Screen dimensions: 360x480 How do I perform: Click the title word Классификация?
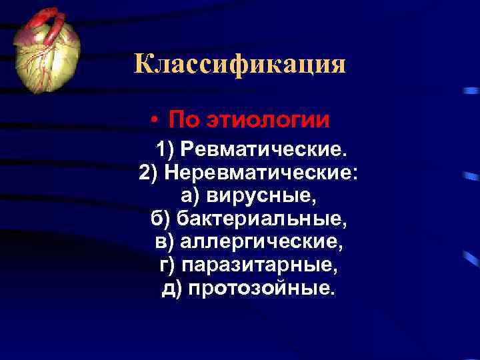(240, 65)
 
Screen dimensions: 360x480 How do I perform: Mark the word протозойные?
(263, 289)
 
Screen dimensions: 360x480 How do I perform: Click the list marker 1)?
(165, 147)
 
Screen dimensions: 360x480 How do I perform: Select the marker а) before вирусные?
(190, 196)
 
